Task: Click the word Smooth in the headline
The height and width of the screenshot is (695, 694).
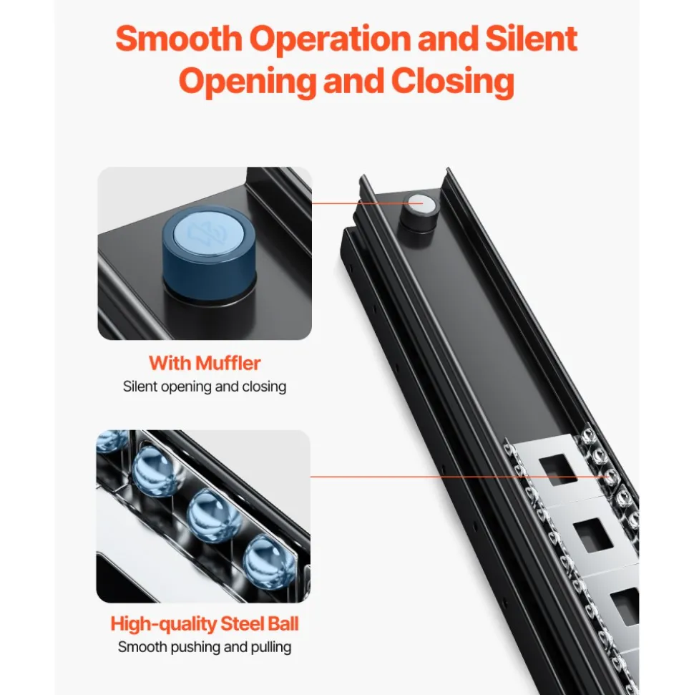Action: coord(179,39)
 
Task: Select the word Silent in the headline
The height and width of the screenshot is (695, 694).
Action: coord(531,39)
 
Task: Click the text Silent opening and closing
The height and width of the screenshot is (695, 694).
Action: coord(205,387)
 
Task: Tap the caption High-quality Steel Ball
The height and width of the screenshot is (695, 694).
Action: coord(205,623)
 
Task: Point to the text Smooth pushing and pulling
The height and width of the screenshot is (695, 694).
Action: coord(205,647)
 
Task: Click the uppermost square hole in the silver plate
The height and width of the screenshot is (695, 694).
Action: coord(558,470)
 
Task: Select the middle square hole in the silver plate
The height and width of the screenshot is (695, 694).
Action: coord(593,535)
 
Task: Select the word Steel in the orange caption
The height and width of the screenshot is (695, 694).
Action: coord(242,623)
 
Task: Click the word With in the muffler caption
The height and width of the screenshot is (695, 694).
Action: coord(170,363)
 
